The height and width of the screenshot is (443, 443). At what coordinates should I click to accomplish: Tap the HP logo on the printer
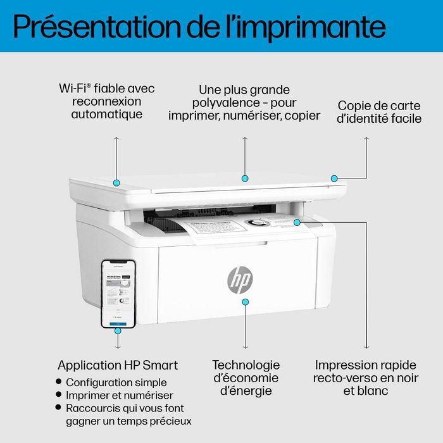pyautogui.click(x=239, y=279)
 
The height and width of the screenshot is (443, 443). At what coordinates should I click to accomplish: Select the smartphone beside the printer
pyautogui.click(x=118, y=292)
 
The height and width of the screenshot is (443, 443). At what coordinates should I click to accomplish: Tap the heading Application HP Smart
pyautogui.click(x=118, y=365)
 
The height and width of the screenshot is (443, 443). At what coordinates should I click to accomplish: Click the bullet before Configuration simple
pyautogui.click(x=59, y=382)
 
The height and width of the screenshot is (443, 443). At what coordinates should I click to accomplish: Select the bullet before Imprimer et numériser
pyautogui.click(x=59, y=396)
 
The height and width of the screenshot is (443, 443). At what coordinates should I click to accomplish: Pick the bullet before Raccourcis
pyautogui.click(x=59, y=408)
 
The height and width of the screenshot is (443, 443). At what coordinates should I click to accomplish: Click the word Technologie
pyautogui.click(x=246, y=365)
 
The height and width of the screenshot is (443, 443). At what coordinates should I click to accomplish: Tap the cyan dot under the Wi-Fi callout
pyautogui.click(x=116, y=182)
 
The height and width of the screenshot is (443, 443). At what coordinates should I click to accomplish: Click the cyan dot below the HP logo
pyautogui.click(x=246, y=303)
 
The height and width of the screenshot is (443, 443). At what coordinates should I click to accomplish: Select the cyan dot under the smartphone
pyautogui.click(x=118, y=330)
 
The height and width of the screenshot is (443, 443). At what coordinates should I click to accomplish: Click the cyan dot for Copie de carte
pyautogui.click(x=334, y=178)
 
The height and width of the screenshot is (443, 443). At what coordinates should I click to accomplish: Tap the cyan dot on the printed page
pyautogui.click(x=297, y=222)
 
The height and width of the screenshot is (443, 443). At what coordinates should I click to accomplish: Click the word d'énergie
pyautogui.click(x=246, y=391)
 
